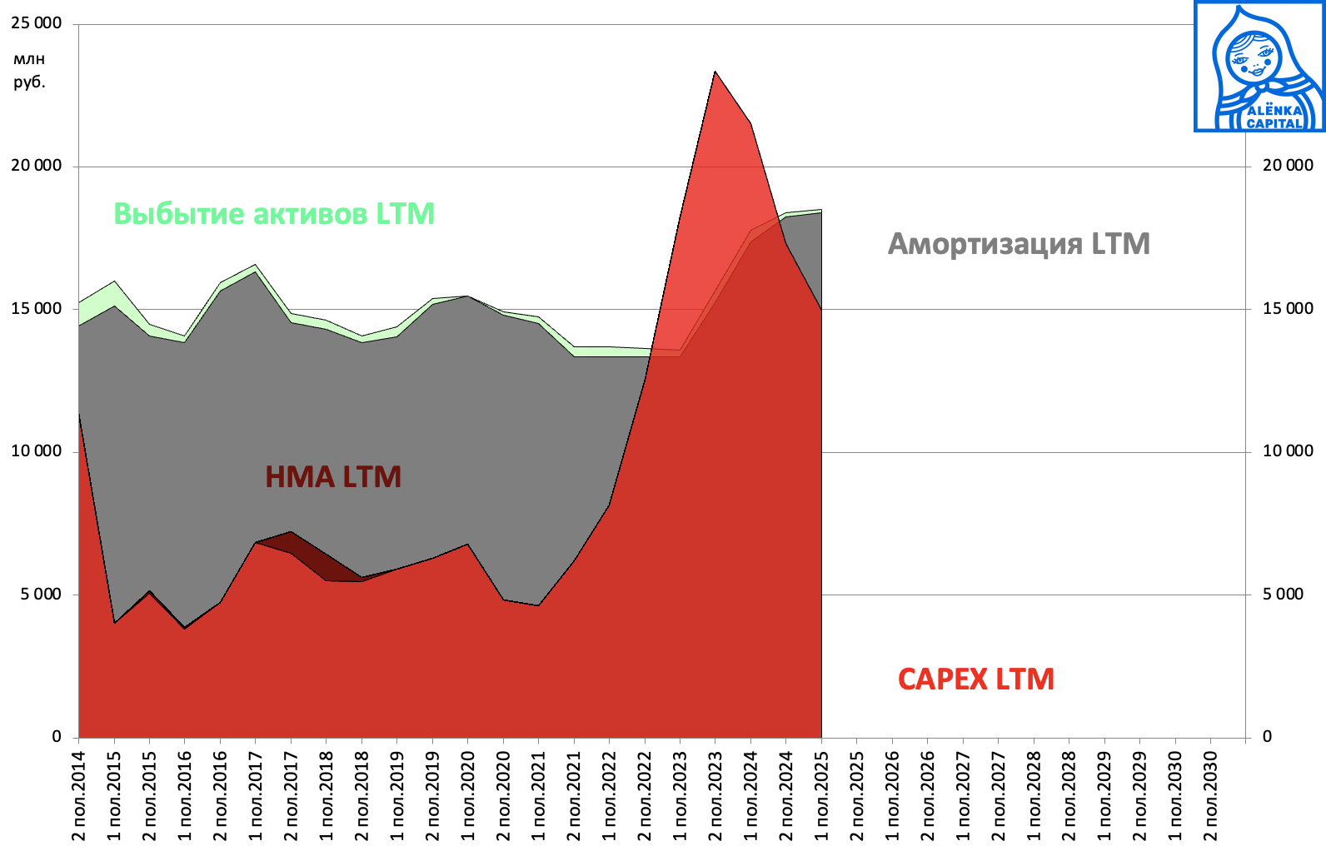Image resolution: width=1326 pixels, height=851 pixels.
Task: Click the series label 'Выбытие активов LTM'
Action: coord(274,214)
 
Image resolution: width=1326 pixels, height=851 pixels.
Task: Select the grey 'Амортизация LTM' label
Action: coord(1019,244)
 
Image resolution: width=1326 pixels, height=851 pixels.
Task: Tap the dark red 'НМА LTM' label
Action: coord(333,477)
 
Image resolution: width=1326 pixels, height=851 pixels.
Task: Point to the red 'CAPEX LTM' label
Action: coord(975,679)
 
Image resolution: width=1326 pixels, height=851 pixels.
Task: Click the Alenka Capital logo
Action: coord(1259,67)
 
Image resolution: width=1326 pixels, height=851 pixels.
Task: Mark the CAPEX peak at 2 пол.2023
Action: coord(715,72)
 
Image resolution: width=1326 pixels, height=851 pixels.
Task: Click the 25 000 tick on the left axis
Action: coord(37,23)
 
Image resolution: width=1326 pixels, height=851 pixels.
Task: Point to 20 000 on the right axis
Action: coord(1288,166)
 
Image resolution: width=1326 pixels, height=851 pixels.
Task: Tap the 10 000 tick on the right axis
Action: coord(1288,451)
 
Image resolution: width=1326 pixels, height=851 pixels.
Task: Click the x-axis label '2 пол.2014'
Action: coord(79,795)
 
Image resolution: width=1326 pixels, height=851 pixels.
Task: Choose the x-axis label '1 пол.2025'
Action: coord(822,795)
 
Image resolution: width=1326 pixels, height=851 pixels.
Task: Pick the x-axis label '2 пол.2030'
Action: coord(1210,795)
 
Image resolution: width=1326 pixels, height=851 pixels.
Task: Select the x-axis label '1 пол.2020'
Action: coord(467,795)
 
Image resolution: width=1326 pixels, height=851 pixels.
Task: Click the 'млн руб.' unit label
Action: coord(29,71)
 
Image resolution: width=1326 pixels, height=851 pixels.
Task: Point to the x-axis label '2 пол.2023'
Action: coord(715,795)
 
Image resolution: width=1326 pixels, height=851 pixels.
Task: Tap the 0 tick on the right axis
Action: coord(1268,737)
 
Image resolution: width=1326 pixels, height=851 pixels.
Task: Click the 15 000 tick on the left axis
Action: coord(37,309)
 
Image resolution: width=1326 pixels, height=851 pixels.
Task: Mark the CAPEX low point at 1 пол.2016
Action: coord(185,628)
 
